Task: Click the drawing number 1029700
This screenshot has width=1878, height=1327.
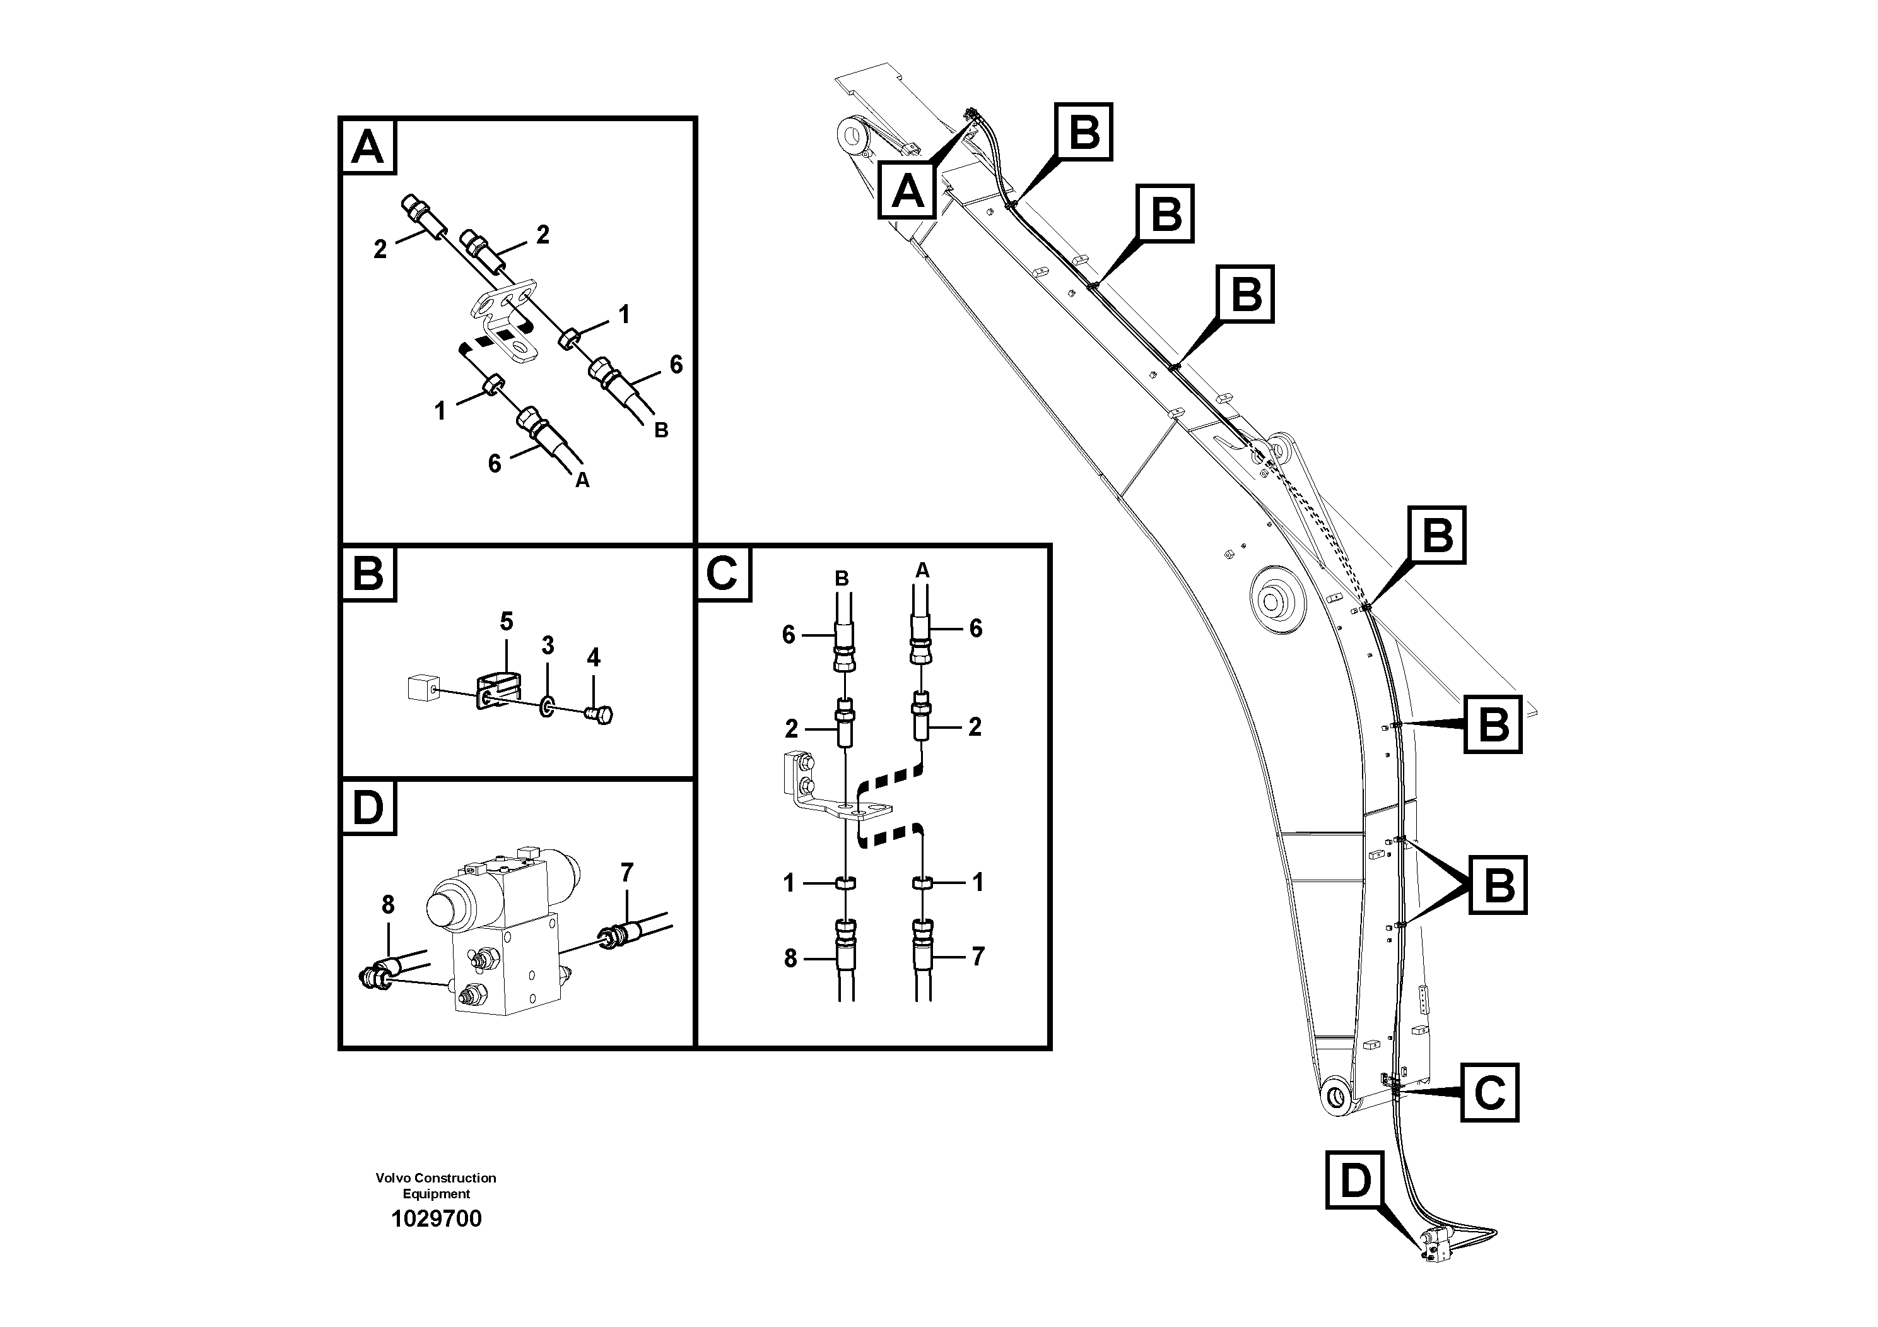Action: (x=436, y=1218)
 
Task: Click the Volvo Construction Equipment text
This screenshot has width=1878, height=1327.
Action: (x=435, y=1186)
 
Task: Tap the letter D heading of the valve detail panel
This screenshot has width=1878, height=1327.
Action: (x=367, y=808)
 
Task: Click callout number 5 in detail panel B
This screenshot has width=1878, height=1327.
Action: (x=507, y=622)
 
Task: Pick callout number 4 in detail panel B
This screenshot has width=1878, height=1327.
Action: (x=593, y=657)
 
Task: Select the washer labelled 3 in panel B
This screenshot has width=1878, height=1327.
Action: (x=546, y=705)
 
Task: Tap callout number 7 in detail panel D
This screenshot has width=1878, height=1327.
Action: (x=626, y=873)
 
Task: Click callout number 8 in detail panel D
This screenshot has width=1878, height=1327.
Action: (x=388, y=904)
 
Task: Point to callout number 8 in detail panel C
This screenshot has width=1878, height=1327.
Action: (x=790, y=958)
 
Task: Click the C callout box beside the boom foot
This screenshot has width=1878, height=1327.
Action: (x=1489, y=1092)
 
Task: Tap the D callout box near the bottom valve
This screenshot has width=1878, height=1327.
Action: (x=1354, y=1181)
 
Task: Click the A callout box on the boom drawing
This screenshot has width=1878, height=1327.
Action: (x=907, y=190)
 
